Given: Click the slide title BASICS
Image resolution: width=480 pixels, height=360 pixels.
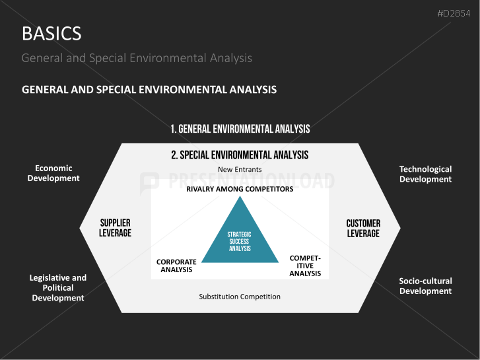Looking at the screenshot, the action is [51, 33].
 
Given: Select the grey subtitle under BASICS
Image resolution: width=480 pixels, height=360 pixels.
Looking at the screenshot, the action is [137, 58].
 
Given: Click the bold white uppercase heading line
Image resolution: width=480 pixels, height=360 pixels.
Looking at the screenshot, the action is [149, 89].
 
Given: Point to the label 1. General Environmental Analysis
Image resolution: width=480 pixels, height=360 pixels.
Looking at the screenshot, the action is [240, 129].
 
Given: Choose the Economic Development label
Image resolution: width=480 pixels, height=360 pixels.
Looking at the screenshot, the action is [53, 173].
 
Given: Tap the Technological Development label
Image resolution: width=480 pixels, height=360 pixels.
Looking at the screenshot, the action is [425, 174].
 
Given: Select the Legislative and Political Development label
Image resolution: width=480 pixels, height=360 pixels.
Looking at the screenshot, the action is [58, 288].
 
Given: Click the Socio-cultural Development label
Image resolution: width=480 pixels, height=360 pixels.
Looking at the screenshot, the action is [425, 286].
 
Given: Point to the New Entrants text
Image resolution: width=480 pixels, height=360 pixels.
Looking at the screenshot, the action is [240, 170].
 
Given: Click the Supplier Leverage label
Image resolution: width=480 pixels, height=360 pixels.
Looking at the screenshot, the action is [116, 228].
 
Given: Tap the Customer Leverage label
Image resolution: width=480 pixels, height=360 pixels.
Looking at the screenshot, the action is [363, 229].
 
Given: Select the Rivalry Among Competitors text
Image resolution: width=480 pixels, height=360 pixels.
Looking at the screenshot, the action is [240, 189].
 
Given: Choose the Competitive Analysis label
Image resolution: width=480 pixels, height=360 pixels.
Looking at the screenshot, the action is [305, 266].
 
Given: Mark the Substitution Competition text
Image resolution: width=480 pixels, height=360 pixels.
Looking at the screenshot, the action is [240, 297].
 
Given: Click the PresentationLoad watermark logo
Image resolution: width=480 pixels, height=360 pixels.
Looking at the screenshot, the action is [149, 182].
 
